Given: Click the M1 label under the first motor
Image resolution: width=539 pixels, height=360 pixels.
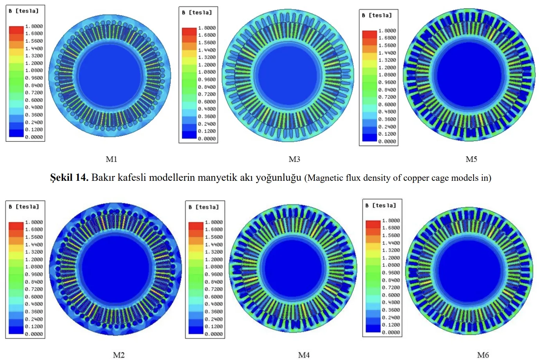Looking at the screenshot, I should pos(112,159).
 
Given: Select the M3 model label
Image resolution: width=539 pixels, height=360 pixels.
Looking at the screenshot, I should pos(294,159).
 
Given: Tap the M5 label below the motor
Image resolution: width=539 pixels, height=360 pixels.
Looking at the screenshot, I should pos(471,159).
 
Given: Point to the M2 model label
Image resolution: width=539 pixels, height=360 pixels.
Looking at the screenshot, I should pos(119,355).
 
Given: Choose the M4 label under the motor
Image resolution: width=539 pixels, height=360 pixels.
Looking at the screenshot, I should pos(304,355).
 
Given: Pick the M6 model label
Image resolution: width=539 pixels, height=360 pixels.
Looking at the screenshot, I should pos(483,355).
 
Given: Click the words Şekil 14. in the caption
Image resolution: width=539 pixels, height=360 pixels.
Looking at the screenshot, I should pos(69,178).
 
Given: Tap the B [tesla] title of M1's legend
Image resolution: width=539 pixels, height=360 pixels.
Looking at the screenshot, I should pos(24,11).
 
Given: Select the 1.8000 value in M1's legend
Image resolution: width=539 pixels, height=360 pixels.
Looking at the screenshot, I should pos(34,26).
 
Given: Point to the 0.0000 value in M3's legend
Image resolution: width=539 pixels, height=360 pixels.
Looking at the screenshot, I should pos(207,139).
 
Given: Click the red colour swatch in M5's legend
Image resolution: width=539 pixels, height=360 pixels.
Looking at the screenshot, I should pos(370,34).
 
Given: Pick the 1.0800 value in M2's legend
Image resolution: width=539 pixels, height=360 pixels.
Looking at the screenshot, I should pos(34,267).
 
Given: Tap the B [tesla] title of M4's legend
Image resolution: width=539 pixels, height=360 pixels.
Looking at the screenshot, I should pos(204,207).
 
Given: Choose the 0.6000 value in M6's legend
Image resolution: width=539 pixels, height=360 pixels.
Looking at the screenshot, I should pos(391,295).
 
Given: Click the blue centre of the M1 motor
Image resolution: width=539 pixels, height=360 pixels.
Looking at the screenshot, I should pos(110,76).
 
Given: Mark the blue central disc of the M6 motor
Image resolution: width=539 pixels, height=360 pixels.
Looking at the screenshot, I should pos(469,270).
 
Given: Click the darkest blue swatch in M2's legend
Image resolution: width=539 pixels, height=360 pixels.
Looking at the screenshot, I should pos(16,330).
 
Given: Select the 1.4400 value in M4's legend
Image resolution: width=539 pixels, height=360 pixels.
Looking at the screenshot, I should pos(214,245).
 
